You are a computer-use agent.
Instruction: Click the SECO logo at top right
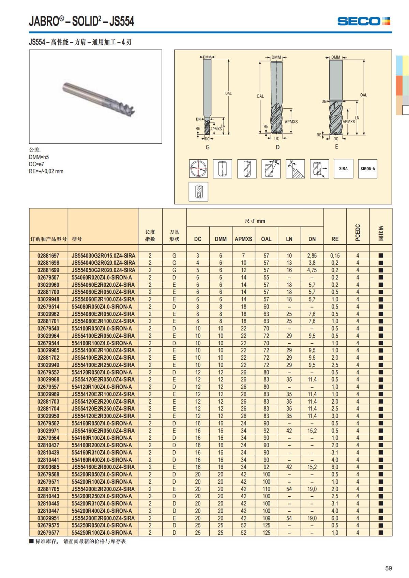click(363, 21)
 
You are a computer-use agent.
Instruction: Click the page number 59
click(388, 568)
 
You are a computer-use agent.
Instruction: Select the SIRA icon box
click(343, 169)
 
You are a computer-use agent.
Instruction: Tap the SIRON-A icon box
click(367, 169)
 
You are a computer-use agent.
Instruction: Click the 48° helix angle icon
click(271, 169)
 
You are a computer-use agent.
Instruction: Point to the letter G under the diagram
click(208, 147)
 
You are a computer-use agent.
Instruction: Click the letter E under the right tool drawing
click(336, 146)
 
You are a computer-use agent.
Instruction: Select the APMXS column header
click(243, 239)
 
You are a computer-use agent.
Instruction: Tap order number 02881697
click(48, 255)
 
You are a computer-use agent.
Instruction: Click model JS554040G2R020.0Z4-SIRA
click(103, 263)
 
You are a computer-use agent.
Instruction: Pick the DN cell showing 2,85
click(312, 255)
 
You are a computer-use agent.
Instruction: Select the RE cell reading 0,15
click(335, 255)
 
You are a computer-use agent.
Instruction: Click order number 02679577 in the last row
click(48, 532)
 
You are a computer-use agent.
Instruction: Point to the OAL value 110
click(266, 489)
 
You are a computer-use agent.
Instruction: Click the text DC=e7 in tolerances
click(36, 164)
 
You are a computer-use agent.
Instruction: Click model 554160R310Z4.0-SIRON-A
click(102, 452)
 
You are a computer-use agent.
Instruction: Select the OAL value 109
click(266, 518)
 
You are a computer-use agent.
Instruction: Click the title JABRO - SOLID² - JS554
click(81, 21)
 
